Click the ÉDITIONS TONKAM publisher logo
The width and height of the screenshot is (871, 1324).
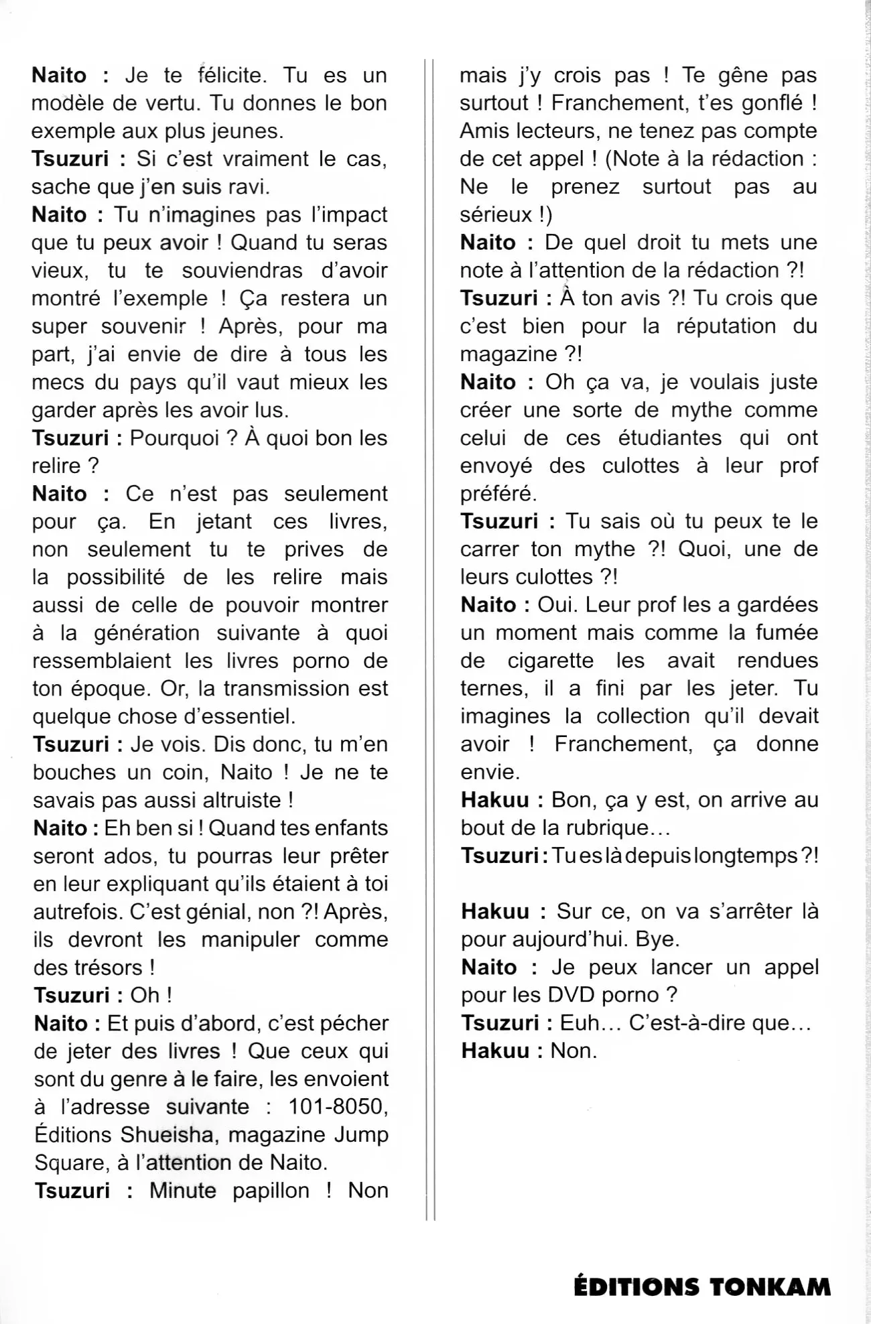[x=701, y=1286]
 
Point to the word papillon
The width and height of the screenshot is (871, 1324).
[x=271, y=1191]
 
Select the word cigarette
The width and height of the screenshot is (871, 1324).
[x=551, y=661]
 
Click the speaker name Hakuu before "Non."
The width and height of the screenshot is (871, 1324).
[x=495, y=1051]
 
